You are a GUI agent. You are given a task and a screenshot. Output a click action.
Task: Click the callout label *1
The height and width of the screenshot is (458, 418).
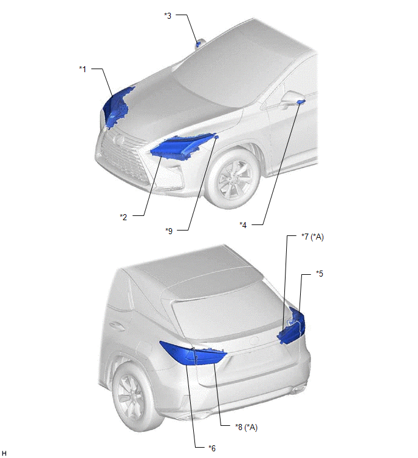(83, 69)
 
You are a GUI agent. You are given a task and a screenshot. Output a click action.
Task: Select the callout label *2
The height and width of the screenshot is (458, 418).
(123, 217)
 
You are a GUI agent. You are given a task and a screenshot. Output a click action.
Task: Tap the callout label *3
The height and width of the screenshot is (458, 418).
(168, 16)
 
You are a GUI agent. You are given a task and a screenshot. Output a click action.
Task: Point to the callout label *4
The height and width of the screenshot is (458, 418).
(243, 225)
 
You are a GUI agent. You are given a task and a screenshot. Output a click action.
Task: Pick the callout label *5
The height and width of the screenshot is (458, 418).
(320, 274)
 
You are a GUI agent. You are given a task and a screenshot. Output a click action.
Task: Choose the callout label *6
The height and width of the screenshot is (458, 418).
(212, 448)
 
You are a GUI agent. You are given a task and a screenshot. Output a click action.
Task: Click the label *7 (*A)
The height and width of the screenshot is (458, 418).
(313, 237)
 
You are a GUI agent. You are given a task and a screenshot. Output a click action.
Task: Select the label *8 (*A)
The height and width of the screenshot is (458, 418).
(246, 427)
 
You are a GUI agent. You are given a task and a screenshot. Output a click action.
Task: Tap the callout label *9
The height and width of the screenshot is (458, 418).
(169, 231)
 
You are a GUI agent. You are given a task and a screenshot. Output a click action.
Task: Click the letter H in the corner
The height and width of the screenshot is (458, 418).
(4, 453)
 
